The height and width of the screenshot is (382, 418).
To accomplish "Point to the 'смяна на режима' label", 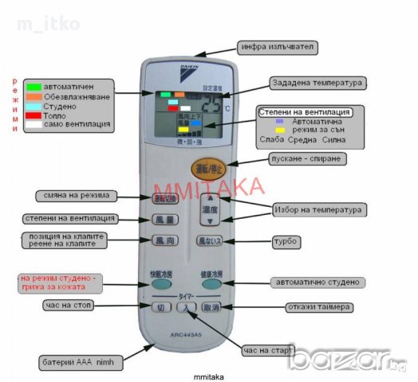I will pyautogui.click(x=76, y=196).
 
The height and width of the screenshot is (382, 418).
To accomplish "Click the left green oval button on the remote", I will pyautogui.click(x=160, y=283).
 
